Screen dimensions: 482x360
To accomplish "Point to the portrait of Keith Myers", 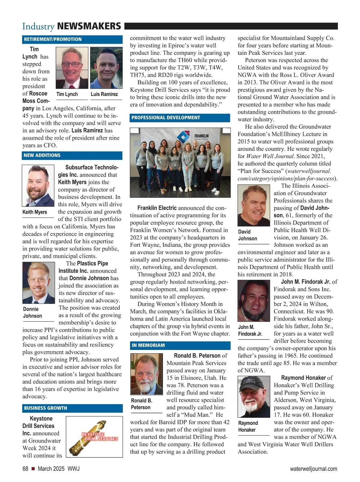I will pos(38,185).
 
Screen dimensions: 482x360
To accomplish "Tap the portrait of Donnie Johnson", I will pos(39,283).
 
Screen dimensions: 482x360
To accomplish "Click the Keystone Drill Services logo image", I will pos(94,437).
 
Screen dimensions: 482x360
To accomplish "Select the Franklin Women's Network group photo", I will pos(180,162).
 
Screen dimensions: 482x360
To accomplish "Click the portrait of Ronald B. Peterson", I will pos(146,374).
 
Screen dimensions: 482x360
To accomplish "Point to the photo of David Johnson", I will pos(254,205).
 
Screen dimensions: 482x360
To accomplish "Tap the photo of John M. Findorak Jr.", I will pos(254,301).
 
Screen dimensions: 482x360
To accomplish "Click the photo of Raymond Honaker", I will pos(254,396).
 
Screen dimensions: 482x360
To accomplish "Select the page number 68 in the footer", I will pos(25,469).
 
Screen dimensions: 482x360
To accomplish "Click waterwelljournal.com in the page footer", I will pos(313,469).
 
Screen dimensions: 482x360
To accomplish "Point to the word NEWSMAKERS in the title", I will pos(89,26).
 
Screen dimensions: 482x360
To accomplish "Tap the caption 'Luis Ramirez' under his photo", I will pos(104,94).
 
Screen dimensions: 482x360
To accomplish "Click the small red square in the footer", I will pos(33,469).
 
